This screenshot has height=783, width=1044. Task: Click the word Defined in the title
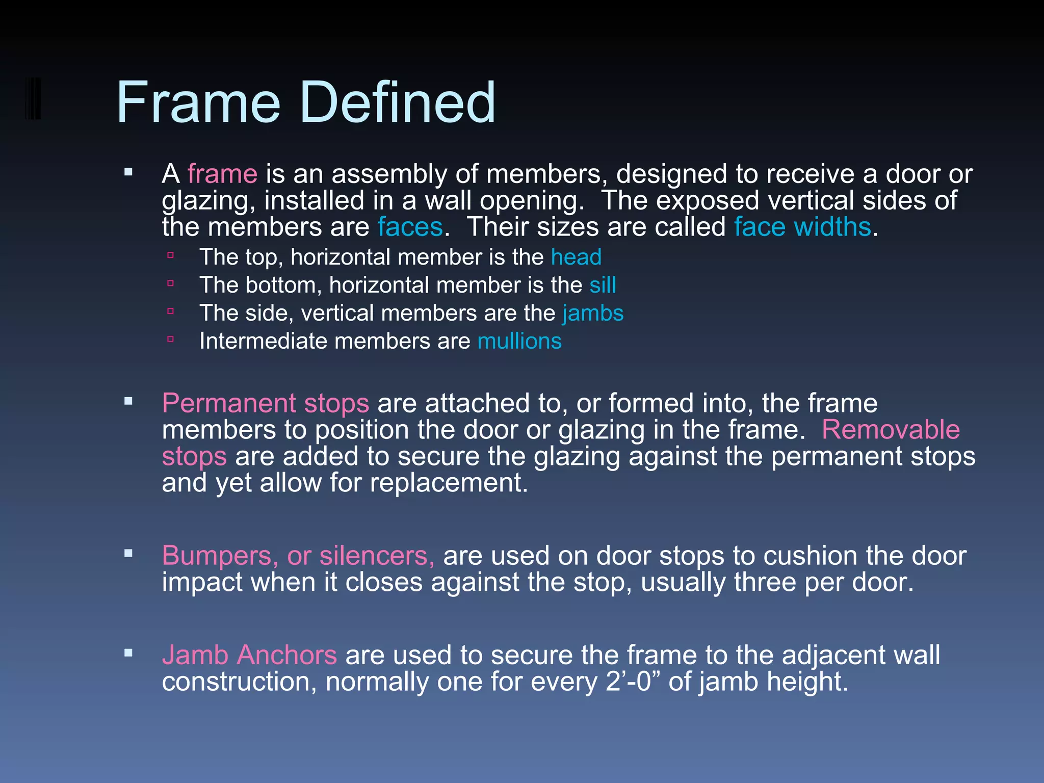click(398, 103)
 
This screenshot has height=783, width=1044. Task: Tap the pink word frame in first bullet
click(222, 174)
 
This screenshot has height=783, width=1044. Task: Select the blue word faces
click(410, 227)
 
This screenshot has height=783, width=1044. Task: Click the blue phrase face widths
click(802, 227)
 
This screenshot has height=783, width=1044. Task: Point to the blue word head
click(576, 257)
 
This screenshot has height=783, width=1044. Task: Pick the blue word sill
click(603, 285)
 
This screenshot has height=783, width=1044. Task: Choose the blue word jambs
click(593, 314)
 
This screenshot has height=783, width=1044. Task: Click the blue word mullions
click(519, 342)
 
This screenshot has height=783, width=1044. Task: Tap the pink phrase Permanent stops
click(265, 404)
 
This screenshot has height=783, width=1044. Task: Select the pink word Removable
click(891, 430)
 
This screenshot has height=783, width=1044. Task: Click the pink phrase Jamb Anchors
click(249, 656)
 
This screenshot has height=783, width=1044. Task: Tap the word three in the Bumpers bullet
click(765, 583)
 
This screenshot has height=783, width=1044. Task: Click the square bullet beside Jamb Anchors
click(128, 652)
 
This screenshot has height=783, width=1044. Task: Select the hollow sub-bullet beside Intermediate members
click(171, 338)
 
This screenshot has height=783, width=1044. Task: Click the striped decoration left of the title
click(33, 98)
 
